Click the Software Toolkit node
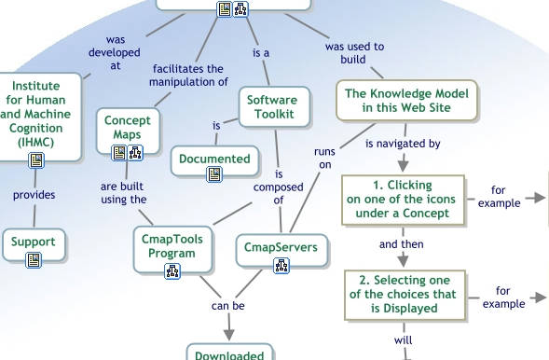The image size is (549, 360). point(274,107)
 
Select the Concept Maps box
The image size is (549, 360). point(128,131)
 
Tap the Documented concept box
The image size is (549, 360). point(215,160)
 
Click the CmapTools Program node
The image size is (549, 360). point(172,249)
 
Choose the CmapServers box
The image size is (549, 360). point(281,250)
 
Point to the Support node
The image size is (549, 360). point(34,244)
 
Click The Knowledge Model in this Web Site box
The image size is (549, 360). point(406,101)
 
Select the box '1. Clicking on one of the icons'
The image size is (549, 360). point(403,200)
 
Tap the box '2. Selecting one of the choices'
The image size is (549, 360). point(405,295)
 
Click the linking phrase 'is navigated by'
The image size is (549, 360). point(403,144)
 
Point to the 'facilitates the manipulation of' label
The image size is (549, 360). point(188,76)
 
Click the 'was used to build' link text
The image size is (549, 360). point(354,53)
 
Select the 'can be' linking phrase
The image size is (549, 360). point(228,306)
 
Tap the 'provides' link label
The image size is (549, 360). point(34,195)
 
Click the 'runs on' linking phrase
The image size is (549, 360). point(324,158)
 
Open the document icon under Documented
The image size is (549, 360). point(214,174)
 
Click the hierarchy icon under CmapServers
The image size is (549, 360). point(281,266)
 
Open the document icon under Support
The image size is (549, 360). point(34,260)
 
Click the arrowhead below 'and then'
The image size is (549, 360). point(403,261)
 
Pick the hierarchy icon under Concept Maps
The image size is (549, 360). point(135,153)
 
